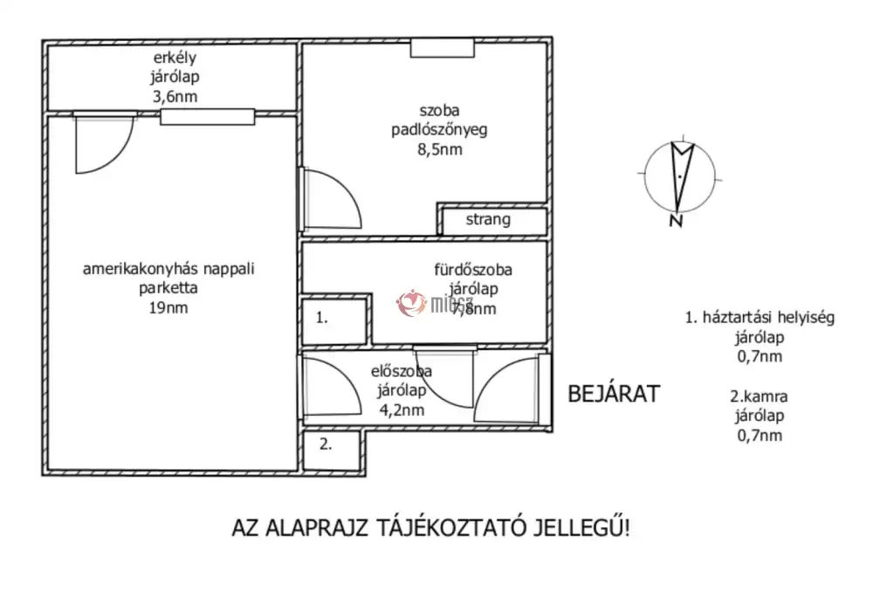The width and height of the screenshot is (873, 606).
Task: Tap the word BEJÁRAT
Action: click(614, 393)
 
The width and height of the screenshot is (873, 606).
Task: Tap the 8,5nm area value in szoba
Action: click(439, 149)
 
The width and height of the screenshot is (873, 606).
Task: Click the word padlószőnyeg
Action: click(438, 130)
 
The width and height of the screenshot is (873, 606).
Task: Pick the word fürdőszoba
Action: click(474, 270)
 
